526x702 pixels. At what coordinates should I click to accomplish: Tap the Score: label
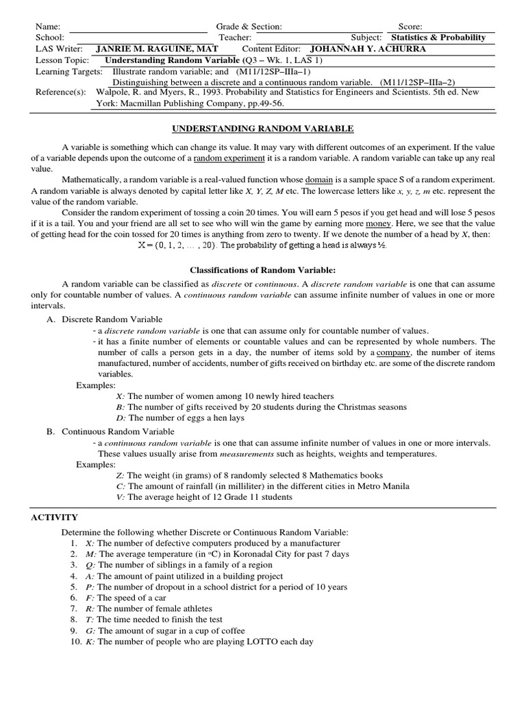point(410,27)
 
